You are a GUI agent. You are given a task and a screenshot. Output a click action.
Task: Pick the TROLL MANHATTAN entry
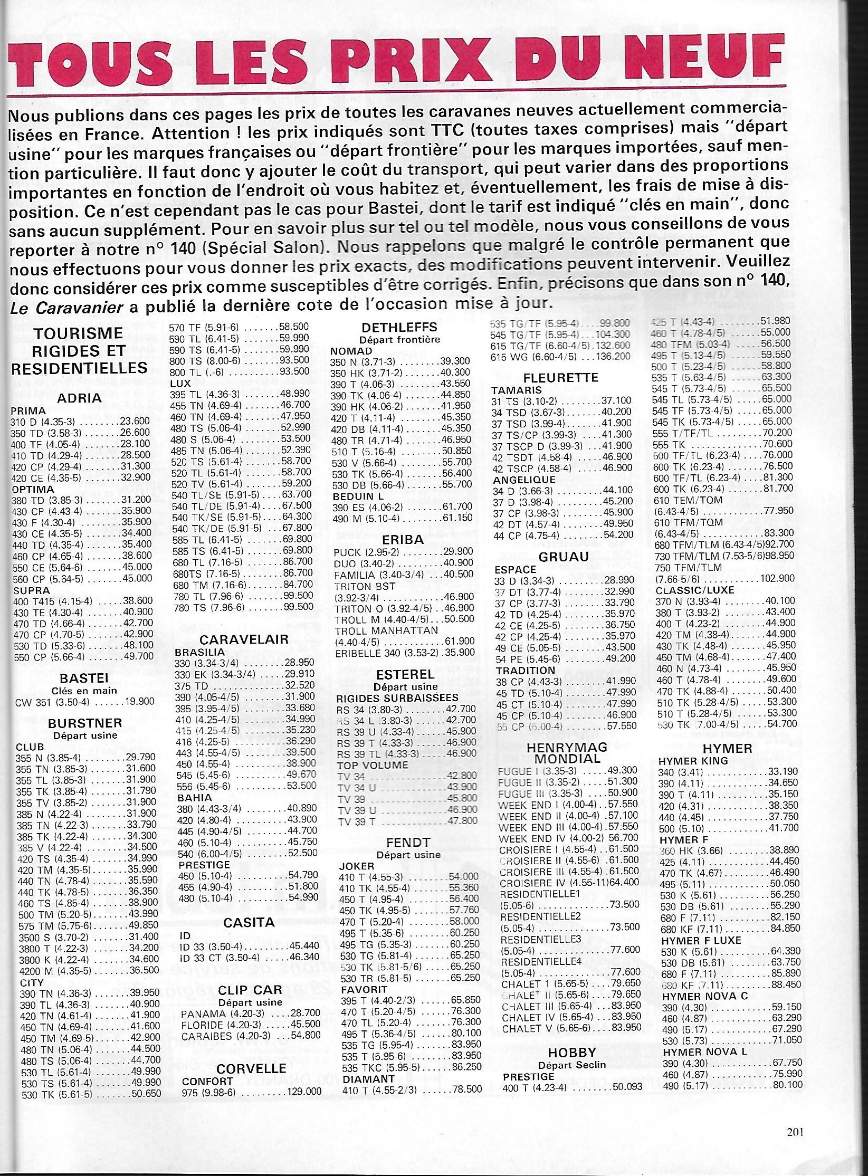386,630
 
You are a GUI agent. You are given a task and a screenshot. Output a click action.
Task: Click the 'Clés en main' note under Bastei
84,690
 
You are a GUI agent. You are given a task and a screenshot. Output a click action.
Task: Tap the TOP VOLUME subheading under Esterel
372,764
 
